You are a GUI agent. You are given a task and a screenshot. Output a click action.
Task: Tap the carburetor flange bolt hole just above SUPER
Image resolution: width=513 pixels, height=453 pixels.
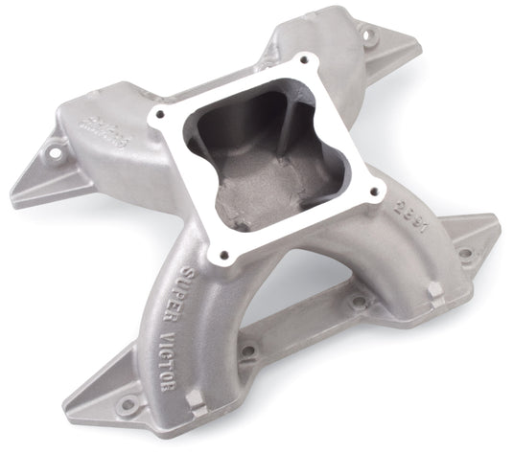coord(225,256)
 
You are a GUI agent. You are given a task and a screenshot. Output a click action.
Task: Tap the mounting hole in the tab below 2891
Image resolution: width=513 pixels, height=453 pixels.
coord(464,255)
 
